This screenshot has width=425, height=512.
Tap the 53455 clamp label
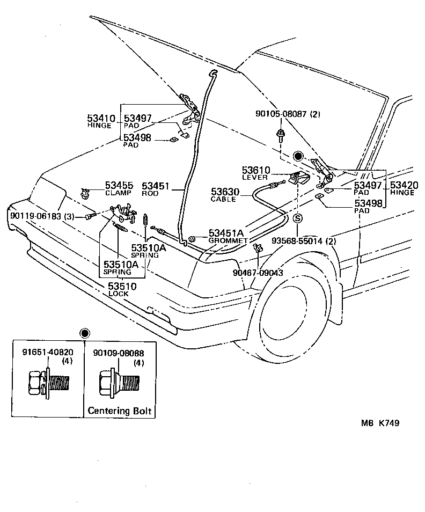pyautogui.click(x=119, y=186)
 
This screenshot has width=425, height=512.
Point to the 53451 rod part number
pyautogui.click(x=156, y=186)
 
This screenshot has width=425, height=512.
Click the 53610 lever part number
pyautogui.click(x=256, y=170)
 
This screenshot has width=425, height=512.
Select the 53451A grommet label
pyautogui.click(x=226, y=233)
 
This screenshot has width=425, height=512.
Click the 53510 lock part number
pyautogui.click(x=122, y=287)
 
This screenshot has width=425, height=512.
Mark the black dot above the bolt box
pyautogui.click(x=84, y=333)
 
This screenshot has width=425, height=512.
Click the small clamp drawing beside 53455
pyautogui.click(x=84, y=192)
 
